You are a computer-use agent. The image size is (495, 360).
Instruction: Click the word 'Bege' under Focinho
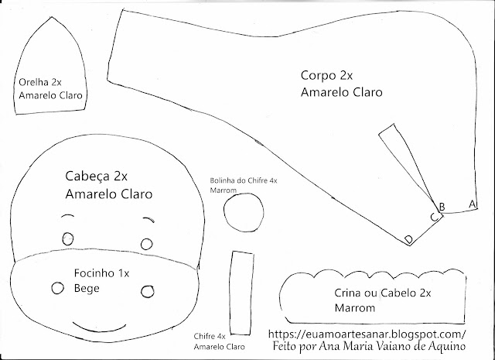coord(87,288)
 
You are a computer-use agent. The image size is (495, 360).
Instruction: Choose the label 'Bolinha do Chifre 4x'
coord(244,180)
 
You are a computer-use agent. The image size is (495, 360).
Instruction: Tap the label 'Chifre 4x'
coord(210,336)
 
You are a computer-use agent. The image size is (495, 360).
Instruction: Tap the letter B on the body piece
coord(442,206)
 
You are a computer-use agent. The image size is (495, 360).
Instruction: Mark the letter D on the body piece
coord(408,239)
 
